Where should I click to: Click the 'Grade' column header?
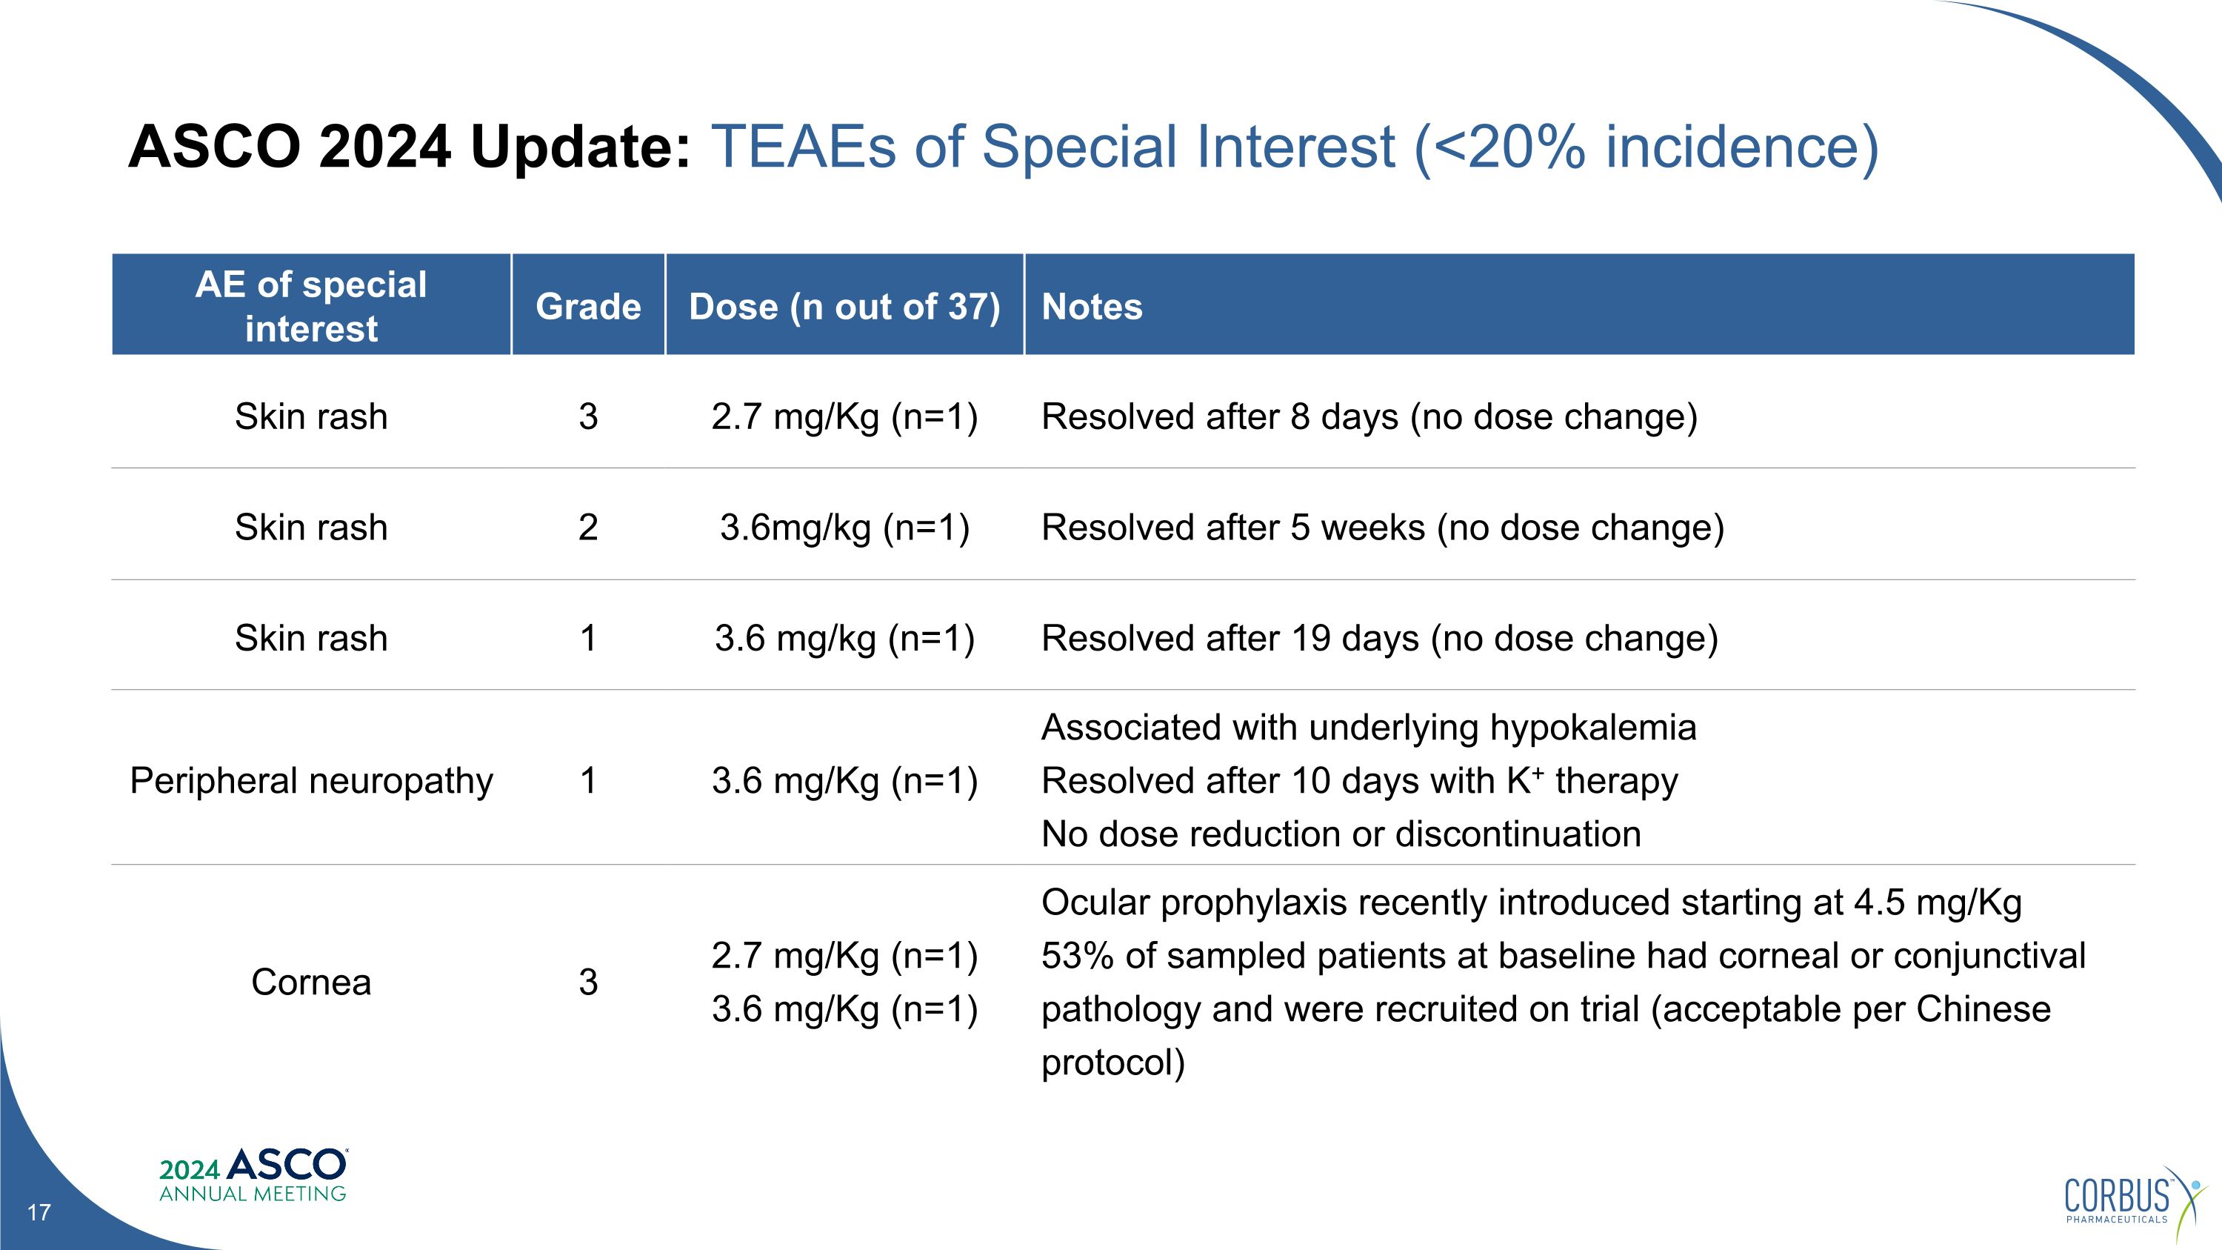(587, 306)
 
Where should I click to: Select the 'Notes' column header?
(1091, 306)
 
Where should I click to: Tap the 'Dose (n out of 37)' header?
(844, 306)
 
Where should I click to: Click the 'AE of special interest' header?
(310, 306)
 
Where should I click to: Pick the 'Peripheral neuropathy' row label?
(310, 781)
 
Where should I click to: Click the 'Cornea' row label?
(310, 982)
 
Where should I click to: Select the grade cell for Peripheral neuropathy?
(587, 781)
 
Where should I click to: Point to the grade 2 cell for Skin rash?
(587, 527)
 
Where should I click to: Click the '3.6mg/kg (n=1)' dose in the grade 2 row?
(844, 527)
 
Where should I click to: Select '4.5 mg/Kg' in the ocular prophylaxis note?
(1938, 902)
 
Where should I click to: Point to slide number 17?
(39, 1213)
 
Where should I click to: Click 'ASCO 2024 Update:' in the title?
(409, 146)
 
